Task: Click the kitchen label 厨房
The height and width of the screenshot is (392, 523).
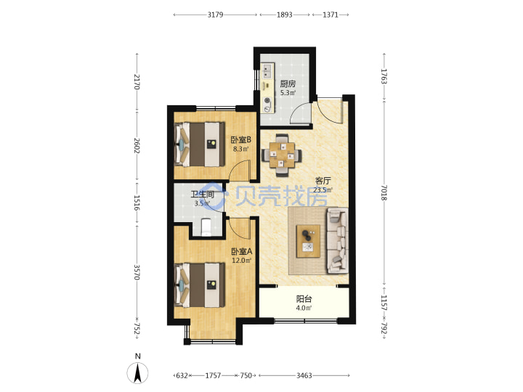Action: click(x=288, y=83)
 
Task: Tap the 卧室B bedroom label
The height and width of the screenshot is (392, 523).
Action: click(x=241, y=139)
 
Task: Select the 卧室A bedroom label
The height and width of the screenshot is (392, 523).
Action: click(x=242, y=251)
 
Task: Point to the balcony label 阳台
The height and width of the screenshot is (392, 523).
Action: click(x=304, y=299)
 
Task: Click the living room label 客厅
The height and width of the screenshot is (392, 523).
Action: click(x=323, y=181)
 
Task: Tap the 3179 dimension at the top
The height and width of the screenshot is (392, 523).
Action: click(x=215, y=15)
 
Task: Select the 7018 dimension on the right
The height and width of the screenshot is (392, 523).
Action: click(x=384, y=192)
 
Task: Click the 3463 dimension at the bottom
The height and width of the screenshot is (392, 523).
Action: click(x=304, y=376)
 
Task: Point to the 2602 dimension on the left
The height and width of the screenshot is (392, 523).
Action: click(x=137, y=145)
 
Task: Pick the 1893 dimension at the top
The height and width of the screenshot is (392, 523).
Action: click(x=285, y=15)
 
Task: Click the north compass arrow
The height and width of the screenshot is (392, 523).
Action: click(x=137, y=373)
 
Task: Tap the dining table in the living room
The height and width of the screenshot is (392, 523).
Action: click(x=282, y=155)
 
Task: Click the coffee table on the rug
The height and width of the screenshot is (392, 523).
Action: click(x=308, y=241)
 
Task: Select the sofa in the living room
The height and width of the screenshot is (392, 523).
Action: click(x=337, y=240)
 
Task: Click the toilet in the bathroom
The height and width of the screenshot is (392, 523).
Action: click(x=207, y=227)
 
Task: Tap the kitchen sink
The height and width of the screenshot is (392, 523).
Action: click(x=267, y=70)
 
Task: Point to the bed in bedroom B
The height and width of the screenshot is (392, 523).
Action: click(x=200, y=144)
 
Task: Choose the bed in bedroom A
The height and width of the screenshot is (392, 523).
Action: click(x=200, y=285)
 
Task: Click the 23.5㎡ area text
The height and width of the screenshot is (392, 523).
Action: click(x=323, y=190)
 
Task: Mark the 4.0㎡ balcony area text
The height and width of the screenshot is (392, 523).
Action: click(x=304, y=308)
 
